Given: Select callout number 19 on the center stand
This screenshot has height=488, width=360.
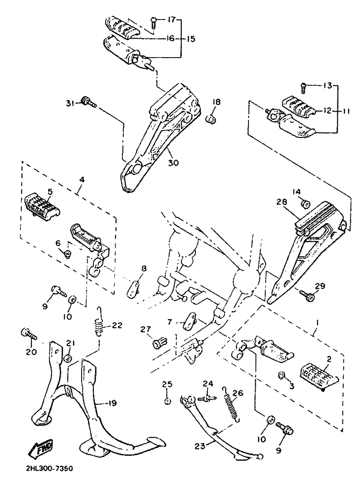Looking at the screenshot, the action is pyautogui.click(x=112, y=403).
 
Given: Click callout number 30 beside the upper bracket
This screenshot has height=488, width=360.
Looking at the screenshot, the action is pyautogui.click(x=174, y=162).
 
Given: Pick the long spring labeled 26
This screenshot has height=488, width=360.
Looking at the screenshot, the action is pyautogui.click(x=231, y=404).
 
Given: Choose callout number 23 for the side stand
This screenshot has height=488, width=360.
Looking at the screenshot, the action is pyautogui.click(x=200, y=446).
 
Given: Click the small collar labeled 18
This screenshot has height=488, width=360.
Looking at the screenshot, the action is pyautogui.click(x=212, y=118).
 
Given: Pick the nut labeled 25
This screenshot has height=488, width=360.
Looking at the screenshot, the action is pyautogui.click(x=167, y=401).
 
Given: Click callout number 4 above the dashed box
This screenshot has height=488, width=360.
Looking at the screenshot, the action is pyautogui.click(x=82, y=180).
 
